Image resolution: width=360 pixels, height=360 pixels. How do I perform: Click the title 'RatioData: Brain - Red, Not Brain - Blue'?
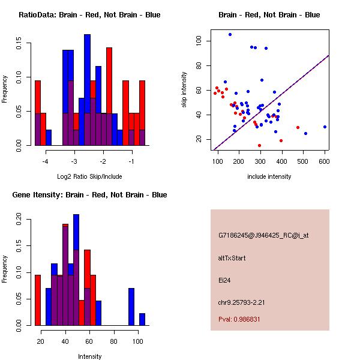pos(89,14)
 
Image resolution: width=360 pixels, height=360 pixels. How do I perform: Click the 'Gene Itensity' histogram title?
pos(89,194)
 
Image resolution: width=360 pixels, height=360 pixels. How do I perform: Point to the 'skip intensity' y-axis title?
pos(184,90)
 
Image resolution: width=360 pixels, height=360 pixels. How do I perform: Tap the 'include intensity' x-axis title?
pos(269,176)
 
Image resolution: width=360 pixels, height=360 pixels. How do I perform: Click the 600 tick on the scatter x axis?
pos(324,161)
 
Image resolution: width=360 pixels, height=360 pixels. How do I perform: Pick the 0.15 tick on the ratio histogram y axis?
pos(19,44)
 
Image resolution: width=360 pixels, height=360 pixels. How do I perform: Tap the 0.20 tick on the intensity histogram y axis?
pos(19,221)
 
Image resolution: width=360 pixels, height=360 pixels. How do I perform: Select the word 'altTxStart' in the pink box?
pos(232,258)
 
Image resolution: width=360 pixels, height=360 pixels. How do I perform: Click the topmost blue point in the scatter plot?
pos(230,35)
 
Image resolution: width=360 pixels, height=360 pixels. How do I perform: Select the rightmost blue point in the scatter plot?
pos(325,127)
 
